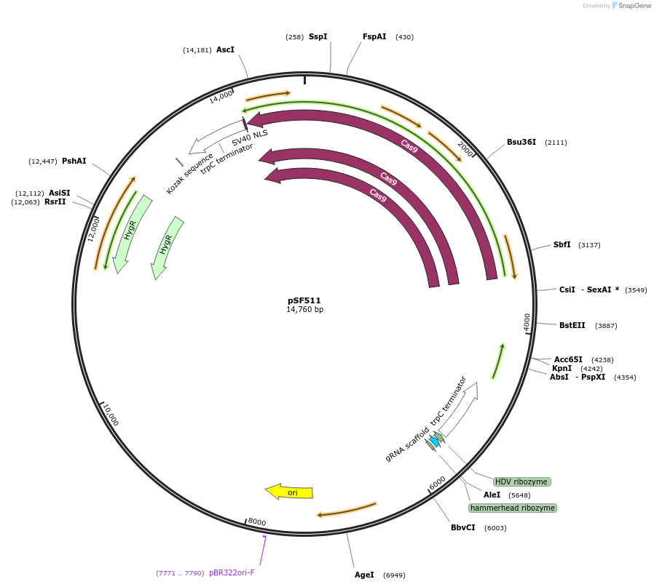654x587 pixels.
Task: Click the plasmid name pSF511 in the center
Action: click(304, 300)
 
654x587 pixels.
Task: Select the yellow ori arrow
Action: click(289, 492)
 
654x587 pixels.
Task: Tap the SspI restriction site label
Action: click(318, 36)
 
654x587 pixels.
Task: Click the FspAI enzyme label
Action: click(374, 36)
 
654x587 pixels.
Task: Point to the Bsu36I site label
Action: click(521, 142)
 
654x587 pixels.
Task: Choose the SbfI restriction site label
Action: click(562, 244)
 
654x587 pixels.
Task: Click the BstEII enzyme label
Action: click(572, 325)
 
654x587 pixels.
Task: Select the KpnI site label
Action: click(562, 368)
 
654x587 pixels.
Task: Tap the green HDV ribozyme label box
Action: click(521, 482)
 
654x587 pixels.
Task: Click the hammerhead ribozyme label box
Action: click(513, 508)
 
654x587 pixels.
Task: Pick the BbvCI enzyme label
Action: click(462, 527)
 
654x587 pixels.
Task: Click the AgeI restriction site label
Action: click(364, 575)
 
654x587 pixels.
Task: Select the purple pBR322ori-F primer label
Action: click(232, 572)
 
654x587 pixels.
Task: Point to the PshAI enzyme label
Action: click(74, 161)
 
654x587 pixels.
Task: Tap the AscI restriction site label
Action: click(225, 49)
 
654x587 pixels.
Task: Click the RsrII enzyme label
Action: click(55, 201)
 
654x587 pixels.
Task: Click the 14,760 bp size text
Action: click(304, 309)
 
